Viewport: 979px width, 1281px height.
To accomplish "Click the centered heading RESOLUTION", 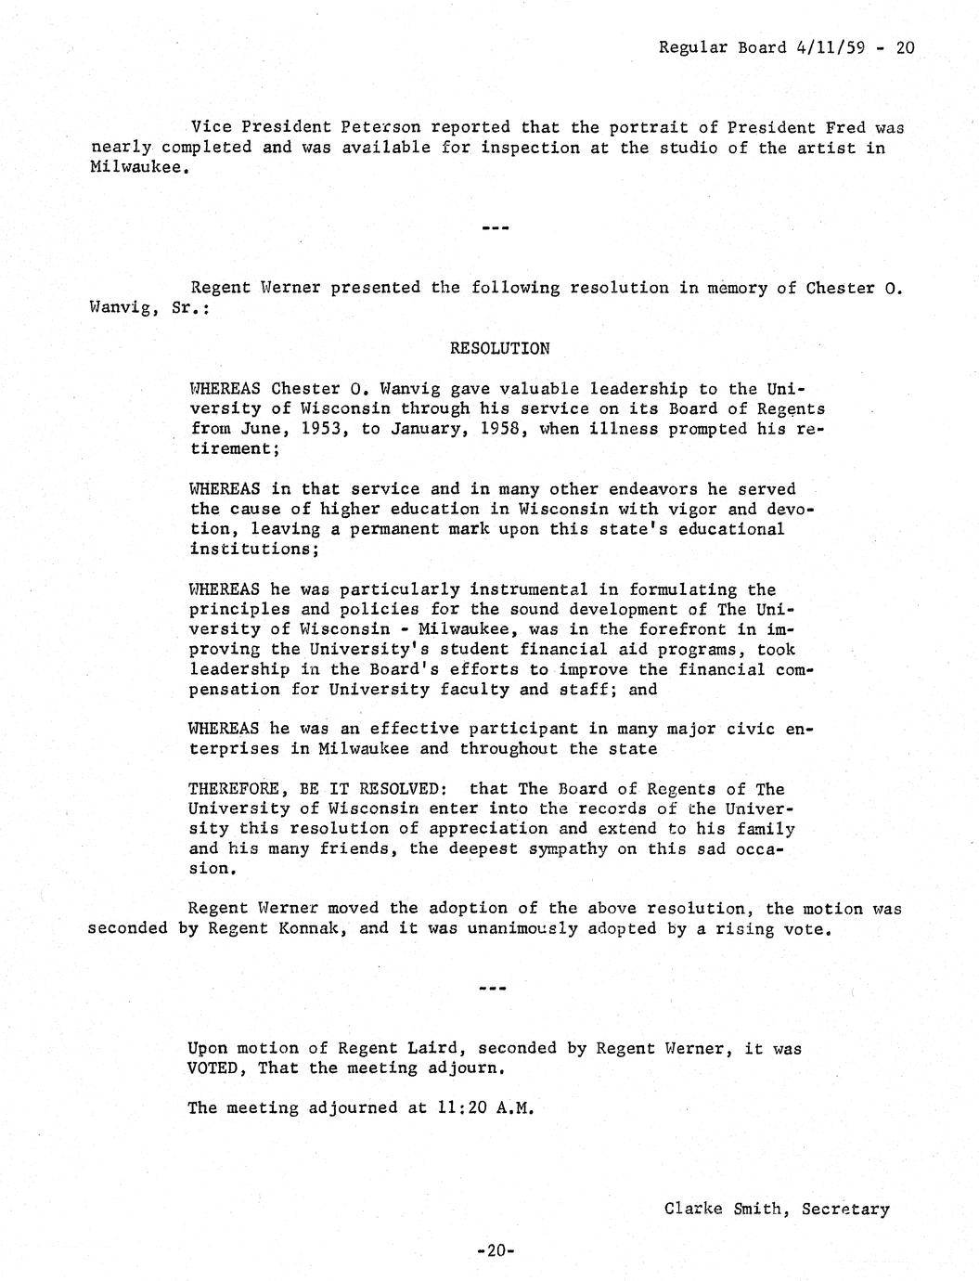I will click(x=499, y=349).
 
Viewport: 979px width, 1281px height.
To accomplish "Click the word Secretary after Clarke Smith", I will click(x=845, y=1209).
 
